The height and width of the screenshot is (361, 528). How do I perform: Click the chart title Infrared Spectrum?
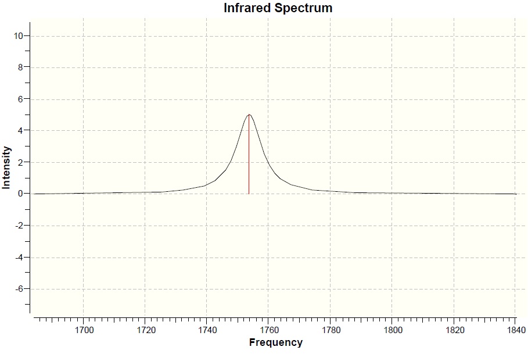[278, 8]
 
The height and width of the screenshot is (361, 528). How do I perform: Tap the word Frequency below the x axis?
[275, 342]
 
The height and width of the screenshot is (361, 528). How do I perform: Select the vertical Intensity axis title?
[6, 167]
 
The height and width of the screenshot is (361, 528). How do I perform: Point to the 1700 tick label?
[84, 330]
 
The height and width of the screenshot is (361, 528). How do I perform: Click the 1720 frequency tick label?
[145, 330]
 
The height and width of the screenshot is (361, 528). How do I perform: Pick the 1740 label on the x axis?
[207, 330]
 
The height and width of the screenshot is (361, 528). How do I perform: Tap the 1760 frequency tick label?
[268, 330]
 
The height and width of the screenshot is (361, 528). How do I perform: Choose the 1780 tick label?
[330, 330]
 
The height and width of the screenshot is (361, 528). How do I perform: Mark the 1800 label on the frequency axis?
[391, 330]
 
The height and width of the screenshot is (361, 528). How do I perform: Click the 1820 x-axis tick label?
[453, 330]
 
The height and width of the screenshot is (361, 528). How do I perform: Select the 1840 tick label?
[515, 330]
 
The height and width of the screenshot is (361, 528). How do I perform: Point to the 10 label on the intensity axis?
[19, 36]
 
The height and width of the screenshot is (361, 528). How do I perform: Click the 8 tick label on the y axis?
[20, 67]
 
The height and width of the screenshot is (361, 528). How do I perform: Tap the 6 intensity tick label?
[20, 99]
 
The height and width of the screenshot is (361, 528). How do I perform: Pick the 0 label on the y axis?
[20, 194]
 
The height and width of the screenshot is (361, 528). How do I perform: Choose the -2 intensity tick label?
[19, 226]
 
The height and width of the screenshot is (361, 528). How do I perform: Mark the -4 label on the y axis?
[19, 258]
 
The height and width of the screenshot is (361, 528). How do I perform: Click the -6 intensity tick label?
[19, 289]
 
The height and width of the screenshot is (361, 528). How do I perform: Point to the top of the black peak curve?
[249, 115]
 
